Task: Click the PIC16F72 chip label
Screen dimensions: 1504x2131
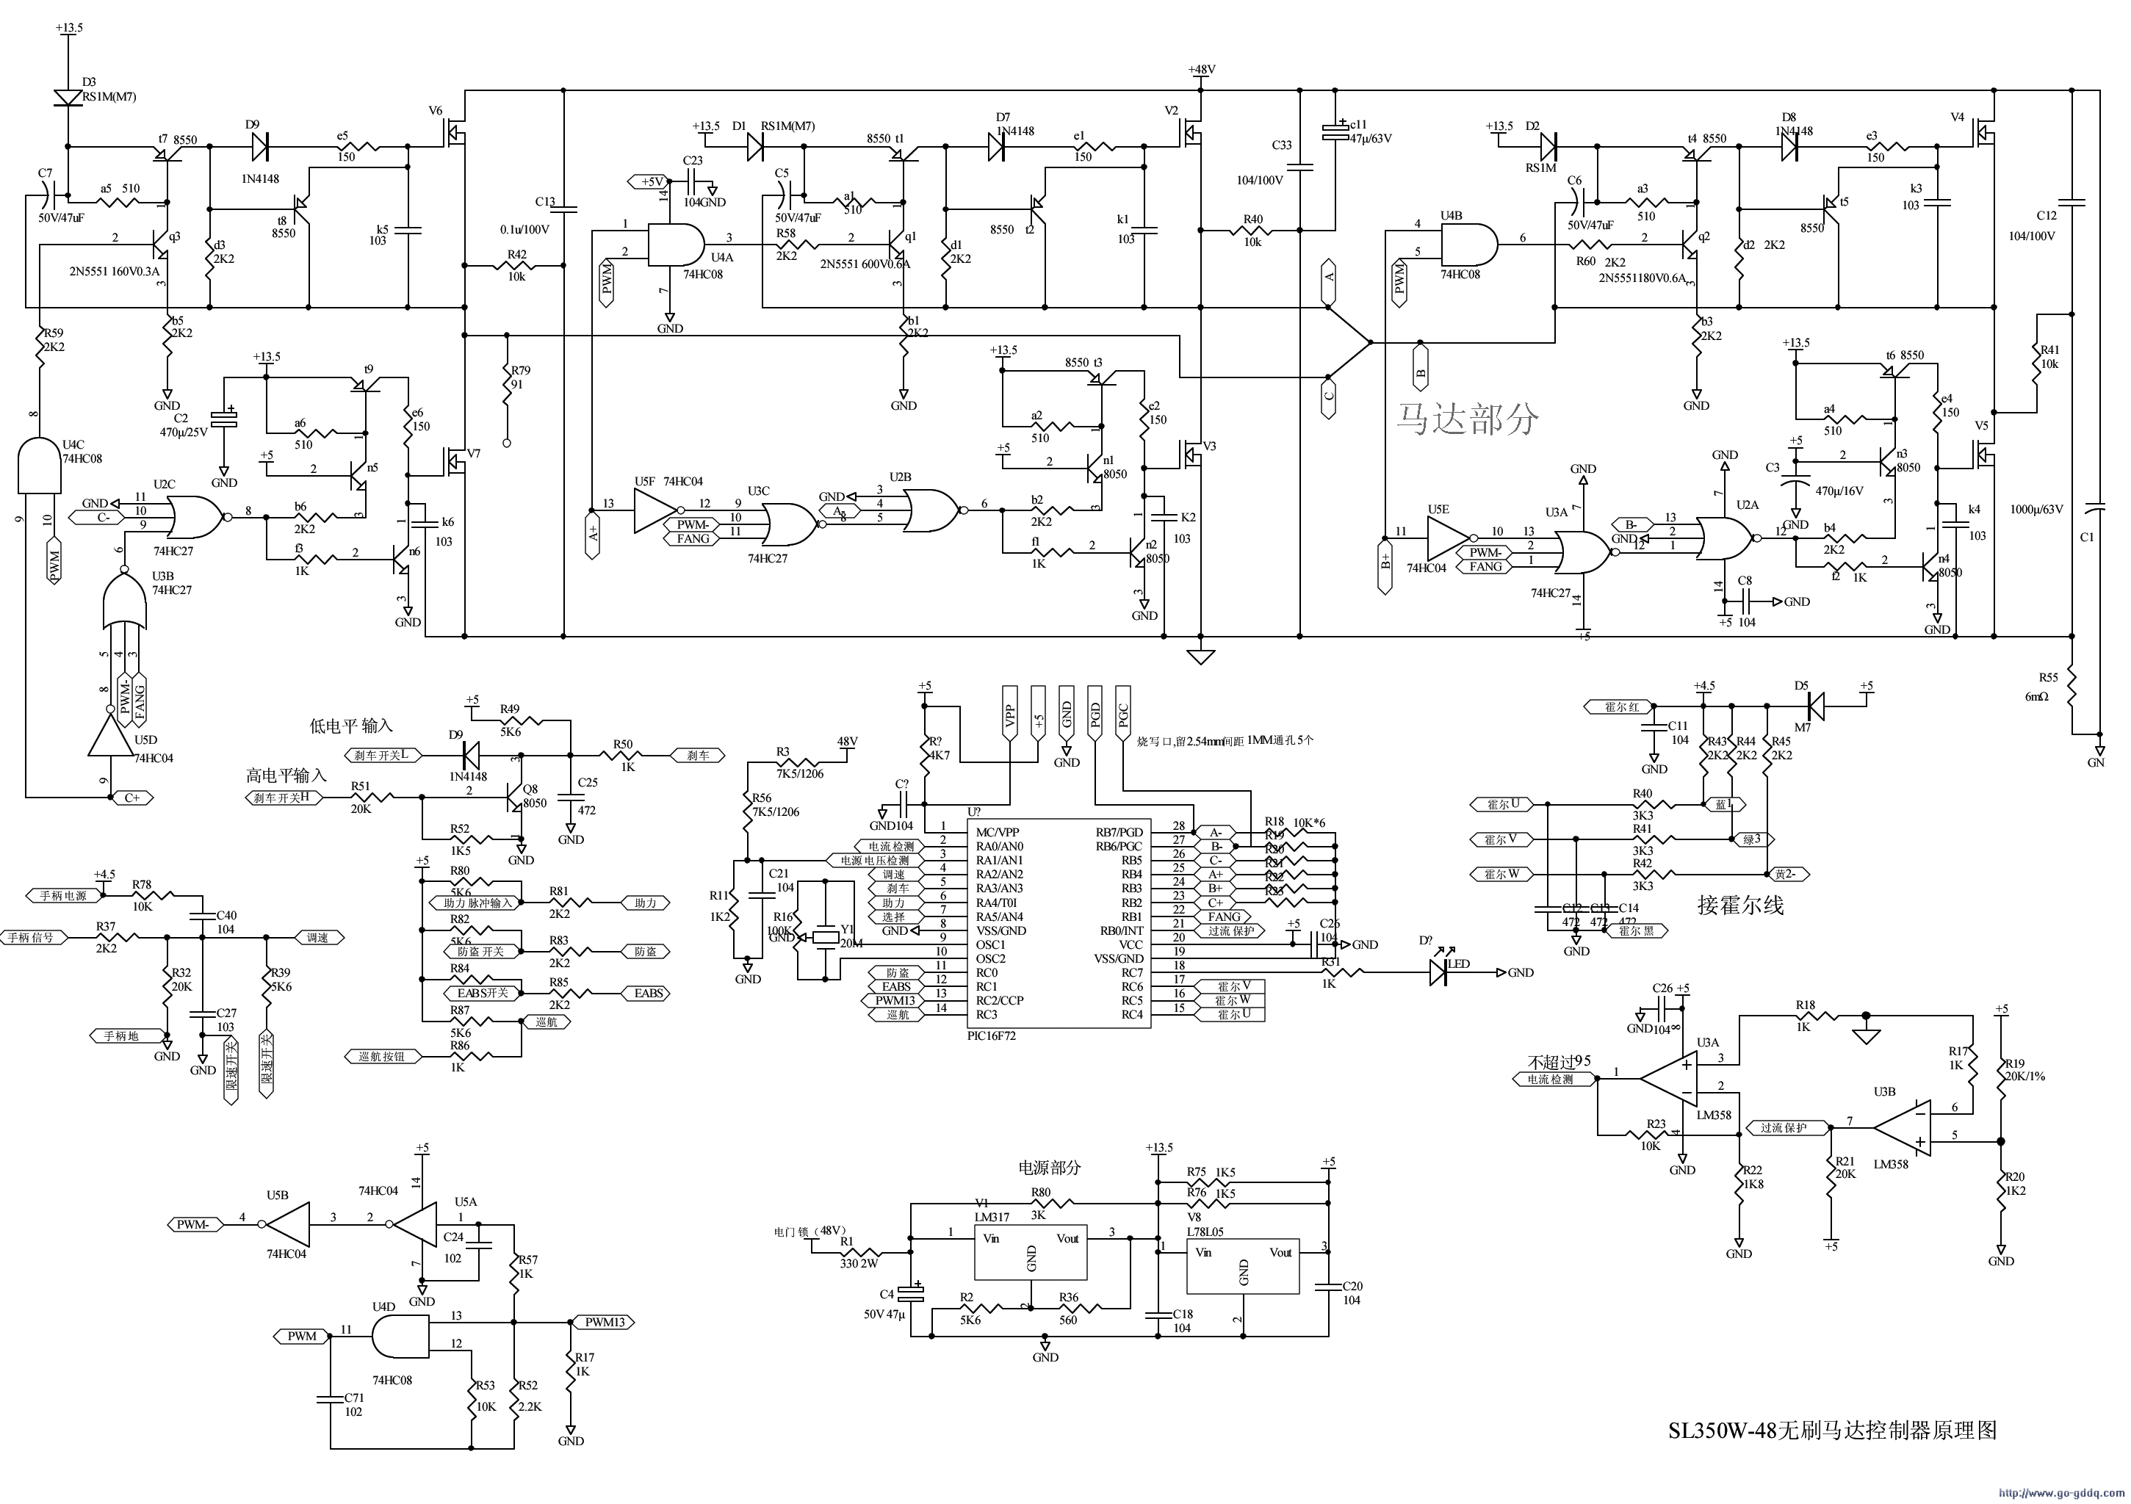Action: [x=991, y=1035]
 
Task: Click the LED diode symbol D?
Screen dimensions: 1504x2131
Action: [x=1440, y=972]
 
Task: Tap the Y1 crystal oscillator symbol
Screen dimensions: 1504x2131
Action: [x=825, y=937]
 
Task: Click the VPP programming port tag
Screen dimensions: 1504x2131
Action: [x=1010, y=715]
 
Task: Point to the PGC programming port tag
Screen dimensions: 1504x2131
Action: [x=1122, y=715]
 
